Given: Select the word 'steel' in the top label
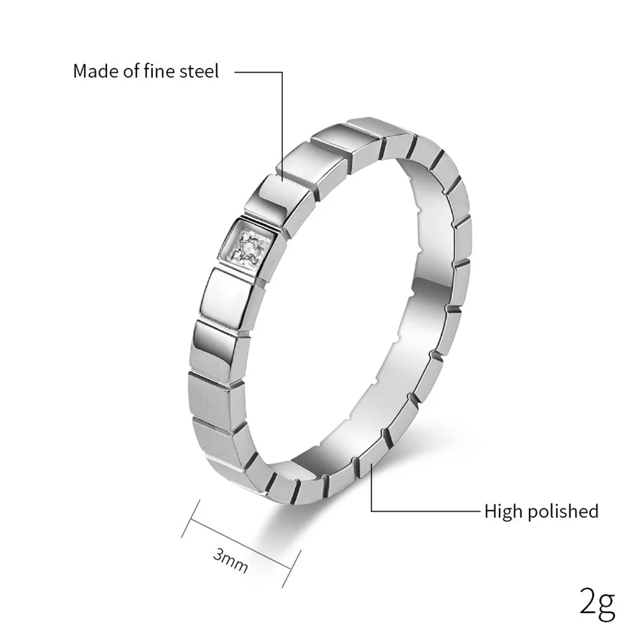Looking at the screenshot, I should (199, 71).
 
